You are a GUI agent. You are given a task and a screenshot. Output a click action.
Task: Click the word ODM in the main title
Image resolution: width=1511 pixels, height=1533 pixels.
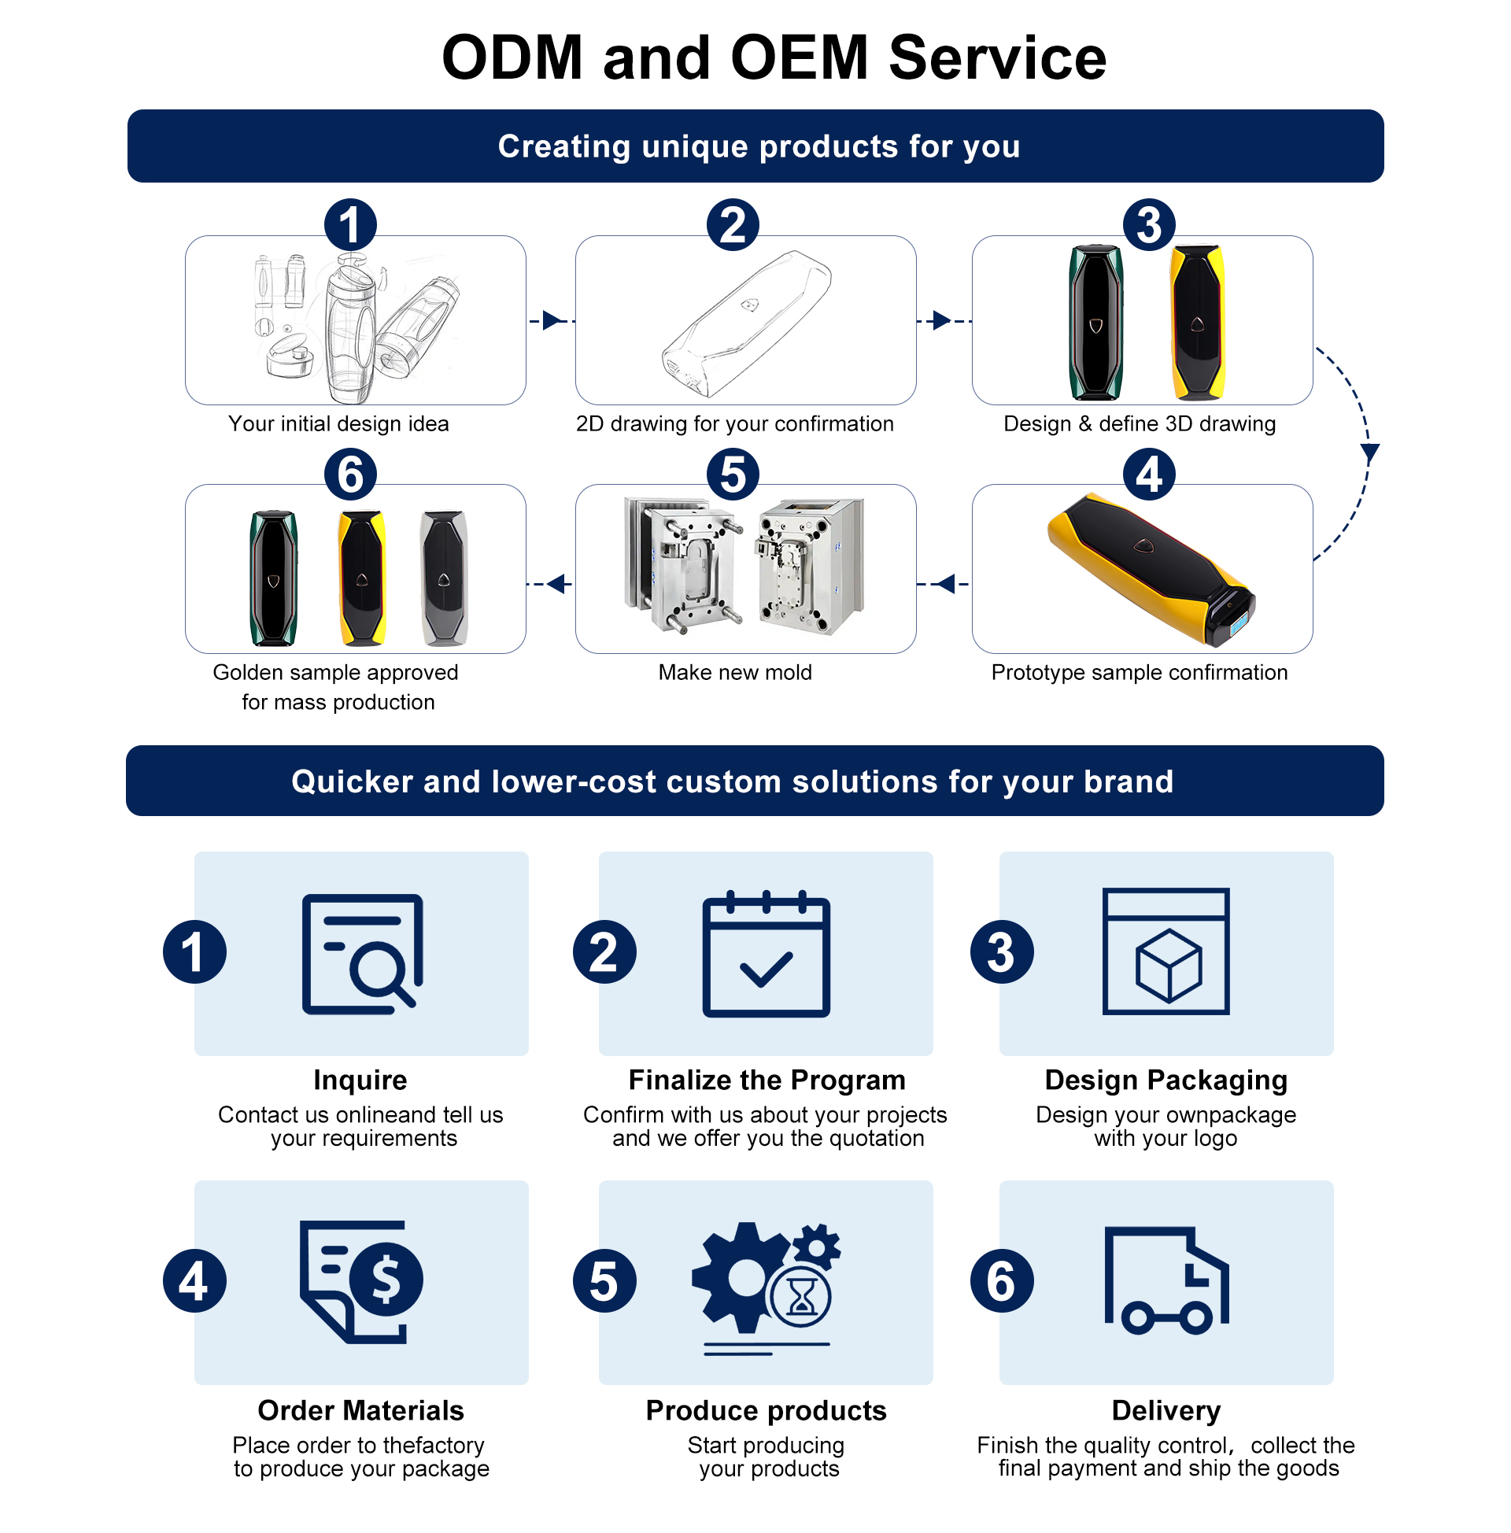pos(512,58)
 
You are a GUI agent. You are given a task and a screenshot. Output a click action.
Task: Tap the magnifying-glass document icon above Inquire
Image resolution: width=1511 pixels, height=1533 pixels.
pos(364,955)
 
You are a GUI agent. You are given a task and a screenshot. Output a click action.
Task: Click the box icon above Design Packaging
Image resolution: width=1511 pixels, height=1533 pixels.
pos(1166,952)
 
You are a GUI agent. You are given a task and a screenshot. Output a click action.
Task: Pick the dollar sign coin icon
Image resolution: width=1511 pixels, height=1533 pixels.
pos(386,1279)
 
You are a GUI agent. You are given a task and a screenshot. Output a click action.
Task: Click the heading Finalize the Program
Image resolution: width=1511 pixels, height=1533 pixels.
pos(767,1080)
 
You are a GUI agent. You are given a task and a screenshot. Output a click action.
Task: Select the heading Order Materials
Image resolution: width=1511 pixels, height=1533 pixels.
pos(361,1411)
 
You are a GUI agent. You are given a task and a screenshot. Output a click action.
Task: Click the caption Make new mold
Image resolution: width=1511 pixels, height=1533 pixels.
pos(735,673)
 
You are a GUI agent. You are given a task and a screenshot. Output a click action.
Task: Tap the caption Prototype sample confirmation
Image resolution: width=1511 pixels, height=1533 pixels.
pos(1140,673)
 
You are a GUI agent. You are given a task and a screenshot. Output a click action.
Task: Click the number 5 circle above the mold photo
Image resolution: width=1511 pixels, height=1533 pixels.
pos(733,475)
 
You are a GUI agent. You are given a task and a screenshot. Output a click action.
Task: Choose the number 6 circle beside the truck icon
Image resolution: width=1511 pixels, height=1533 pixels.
pos(1002,1280)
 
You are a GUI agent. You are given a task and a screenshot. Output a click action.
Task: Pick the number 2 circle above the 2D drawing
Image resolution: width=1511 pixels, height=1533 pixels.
pos(733,225)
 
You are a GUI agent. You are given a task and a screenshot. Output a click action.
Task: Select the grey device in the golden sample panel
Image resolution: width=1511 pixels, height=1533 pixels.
pos(444,578)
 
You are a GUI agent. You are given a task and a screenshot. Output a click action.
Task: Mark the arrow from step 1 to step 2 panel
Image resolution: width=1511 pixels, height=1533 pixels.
pos(552,321)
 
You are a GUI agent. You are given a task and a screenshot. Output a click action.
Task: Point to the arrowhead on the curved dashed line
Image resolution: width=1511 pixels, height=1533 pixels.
pos(1370,453)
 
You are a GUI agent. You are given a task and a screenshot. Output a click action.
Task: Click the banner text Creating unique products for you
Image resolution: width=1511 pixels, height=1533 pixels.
pos(759,147)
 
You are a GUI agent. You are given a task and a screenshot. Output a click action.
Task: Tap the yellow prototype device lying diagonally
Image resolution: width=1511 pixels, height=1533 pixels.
pos(1151,567)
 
